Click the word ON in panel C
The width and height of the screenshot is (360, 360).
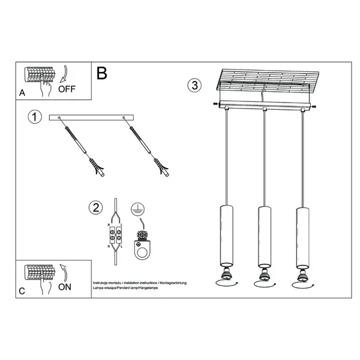65,287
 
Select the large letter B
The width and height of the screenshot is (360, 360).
102,73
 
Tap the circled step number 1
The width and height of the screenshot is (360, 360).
35,118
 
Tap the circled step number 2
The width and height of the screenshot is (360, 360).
94,208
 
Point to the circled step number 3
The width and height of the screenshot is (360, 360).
194,85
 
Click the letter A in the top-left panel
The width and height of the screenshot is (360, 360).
22,93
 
